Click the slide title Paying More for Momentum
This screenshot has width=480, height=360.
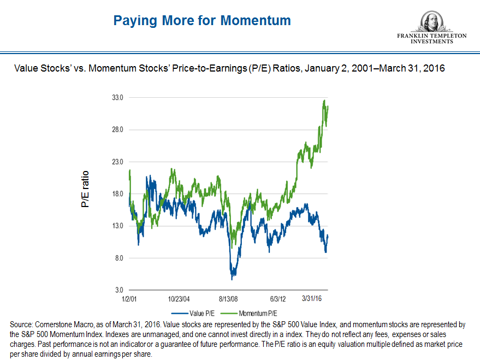[202, 21]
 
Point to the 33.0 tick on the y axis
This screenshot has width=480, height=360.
[118, 98]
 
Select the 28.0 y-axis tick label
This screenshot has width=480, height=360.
[118, 130]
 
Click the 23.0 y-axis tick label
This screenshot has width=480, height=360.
[118, 162]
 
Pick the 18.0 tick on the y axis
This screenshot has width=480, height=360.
[118, 194]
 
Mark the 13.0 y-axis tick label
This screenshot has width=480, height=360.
[118, 226]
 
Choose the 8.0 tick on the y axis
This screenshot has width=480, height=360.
[119, 258]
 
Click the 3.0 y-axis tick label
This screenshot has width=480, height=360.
[119, 290]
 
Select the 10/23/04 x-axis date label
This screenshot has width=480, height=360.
[179, 299]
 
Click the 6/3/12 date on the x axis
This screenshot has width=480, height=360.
[278, 299]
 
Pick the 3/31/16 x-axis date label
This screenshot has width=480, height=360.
[313, 299]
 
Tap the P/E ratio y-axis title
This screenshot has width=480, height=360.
[85, 190]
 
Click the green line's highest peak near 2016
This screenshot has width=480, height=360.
[324, 100]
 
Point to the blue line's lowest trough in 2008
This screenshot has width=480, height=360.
[232, 279]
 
